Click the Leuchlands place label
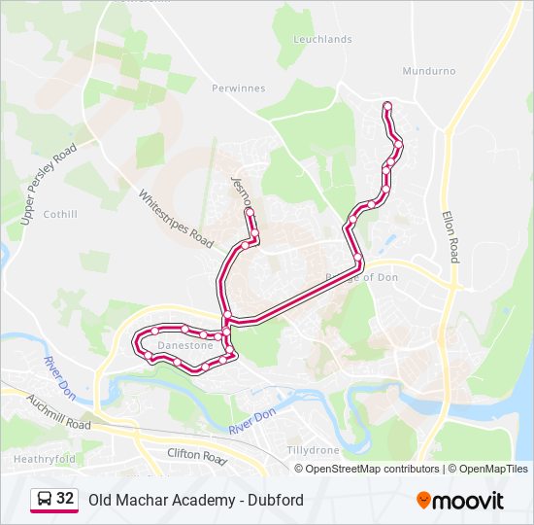(x=322, y=39)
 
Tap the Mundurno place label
(x=427, y=71)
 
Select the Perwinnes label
(x=238, y=87)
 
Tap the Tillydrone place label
(x=313, y=450)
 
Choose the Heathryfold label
(x=44, y=458)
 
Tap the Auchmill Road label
(x=59, y=411)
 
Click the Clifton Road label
(x=196, y=454)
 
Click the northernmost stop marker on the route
(x=387, y=105)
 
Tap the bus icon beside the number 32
(x=44, y=499)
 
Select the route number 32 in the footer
(x=65, y=499)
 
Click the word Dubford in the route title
(x=277, y=500)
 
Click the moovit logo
(x=460, y=500)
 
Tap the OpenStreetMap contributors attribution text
(x=373, y=469)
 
